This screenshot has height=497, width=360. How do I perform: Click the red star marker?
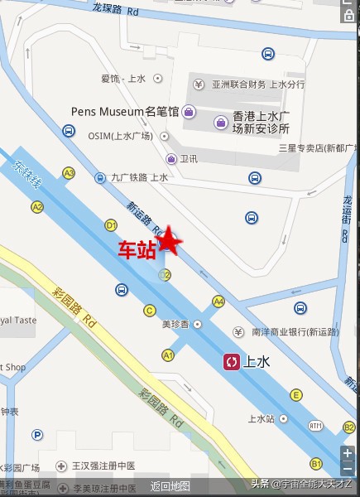tap(170, 239)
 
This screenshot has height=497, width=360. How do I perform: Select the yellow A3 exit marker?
tap(69, 173)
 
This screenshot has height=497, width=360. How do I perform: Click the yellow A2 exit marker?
tap(37, 206)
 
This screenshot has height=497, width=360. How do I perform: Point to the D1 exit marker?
tap(111, 224)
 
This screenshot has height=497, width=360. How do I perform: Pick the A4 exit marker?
tap(218, 301)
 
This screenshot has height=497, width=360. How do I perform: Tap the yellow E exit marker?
tap(295, 394)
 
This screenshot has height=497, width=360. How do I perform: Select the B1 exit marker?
tap(316, 462)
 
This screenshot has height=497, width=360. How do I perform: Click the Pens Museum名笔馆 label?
tap(137, 110)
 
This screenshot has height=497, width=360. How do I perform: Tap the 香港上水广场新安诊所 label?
tap(260, 123)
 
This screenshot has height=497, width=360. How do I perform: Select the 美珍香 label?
tap(175, 324)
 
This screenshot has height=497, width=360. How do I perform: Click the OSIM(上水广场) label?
tap(120, 136)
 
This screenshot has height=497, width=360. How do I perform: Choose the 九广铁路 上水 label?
tap(139, 177)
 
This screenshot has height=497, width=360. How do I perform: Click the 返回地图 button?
tap(170, 486)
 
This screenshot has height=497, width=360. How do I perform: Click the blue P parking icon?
tap(37, 434)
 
